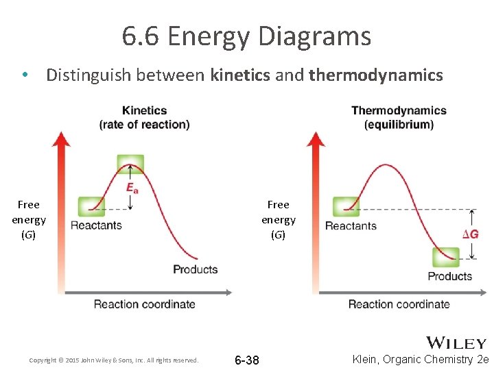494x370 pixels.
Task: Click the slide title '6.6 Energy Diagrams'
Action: pyautogui.click(x=246, y=36)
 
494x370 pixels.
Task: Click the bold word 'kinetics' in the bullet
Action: pyautogui.click(x=240, y=75)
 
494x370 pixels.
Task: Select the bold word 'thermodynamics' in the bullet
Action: pyautogui.click(x=376, y=75)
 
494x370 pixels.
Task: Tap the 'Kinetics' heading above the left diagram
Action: pyautogui.click(x=144, y=110)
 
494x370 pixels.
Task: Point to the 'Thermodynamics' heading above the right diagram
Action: pyautogui.click(x=399, y=110)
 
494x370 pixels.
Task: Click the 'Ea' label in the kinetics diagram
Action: pyautogui.click(x=132, y=187)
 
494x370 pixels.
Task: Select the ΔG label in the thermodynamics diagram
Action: pyautogui.click(x=470, y=234)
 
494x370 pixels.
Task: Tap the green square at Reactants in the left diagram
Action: pyautogui.click(x=91, y=206)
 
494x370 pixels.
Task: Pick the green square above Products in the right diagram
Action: pyautogui.click(x=446, y=257)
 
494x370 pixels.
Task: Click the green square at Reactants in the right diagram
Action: pyautogui.click(x=346, y=206)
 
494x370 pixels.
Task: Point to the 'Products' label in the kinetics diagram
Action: pyautogui.click(x=195, y=269)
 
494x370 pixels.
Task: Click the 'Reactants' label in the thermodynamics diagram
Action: pyautogui.click(x=351, y=225)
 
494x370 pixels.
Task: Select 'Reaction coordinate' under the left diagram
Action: pyautogui.click(x=144, y=304)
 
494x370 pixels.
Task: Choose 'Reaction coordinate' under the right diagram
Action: pyautogui.click(x=399, y=304)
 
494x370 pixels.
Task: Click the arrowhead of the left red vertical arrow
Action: pyautogui.click(x=62, y=138)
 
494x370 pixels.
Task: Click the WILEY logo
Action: pyautogui.click(x=456, y=343)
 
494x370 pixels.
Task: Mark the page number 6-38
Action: pyautogui.click(x=247, y=360)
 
